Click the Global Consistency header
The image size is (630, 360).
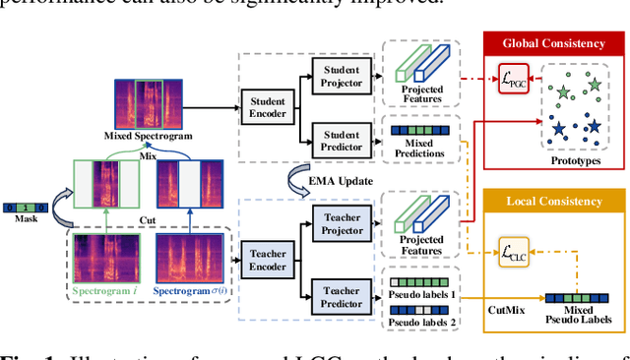click(553, 43)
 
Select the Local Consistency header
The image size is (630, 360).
click(553, 201)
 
